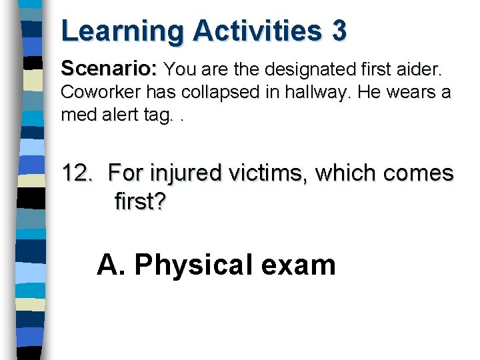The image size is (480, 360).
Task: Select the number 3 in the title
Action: coord(338,31)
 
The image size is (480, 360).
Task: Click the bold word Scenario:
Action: coord(109,69)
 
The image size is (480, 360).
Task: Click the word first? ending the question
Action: coord(141,201)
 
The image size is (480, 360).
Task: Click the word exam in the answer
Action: coord(298,265)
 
